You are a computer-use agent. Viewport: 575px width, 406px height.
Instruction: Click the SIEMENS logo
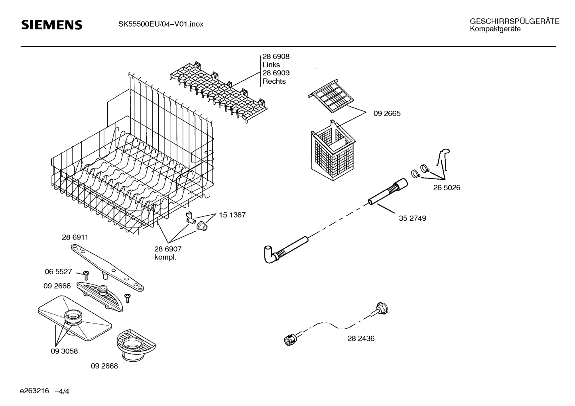52,25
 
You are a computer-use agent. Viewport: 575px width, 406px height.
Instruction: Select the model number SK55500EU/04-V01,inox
161,24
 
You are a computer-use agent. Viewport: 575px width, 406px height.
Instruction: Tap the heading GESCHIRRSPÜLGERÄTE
514,21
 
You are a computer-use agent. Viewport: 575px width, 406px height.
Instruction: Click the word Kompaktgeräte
495,29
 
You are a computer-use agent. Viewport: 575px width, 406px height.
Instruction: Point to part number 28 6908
276,57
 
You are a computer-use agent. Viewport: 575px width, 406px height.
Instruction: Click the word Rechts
274,81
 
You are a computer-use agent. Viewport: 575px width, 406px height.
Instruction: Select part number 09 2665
387,114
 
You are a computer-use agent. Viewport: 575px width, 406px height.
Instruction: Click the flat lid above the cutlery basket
331,96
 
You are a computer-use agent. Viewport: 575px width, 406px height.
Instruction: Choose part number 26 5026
447,188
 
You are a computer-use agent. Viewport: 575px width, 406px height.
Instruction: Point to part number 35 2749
412,218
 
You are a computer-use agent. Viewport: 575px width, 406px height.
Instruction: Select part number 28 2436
361,339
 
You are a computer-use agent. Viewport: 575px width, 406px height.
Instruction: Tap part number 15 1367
232,215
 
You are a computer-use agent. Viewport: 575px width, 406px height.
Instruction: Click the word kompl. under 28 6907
165,257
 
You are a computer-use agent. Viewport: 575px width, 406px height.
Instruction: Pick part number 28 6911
75,237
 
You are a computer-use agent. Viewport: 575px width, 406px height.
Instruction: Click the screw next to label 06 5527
86,275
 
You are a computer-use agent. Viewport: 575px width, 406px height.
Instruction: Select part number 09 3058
64,351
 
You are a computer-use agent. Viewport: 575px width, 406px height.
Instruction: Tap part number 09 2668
104,366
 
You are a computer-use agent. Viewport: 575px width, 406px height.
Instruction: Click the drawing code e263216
34,391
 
